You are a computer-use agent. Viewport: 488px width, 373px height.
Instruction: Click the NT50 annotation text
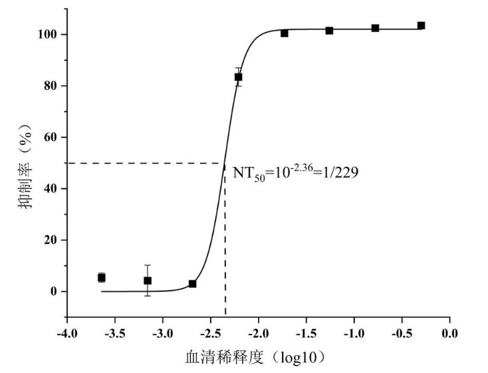[296, 174]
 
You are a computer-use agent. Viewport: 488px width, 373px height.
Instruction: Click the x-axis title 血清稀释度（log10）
[255, 357]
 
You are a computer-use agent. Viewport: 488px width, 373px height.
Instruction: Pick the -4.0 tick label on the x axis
[66, 332]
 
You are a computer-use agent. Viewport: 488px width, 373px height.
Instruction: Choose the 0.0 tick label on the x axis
[450, 332]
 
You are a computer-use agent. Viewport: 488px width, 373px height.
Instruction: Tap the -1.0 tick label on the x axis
[354, 332]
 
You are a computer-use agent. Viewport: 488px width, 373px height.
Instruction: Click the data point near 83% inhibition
[238, 77]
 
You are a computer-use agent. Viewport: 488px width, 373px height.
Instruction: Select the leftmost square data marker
[101, 277]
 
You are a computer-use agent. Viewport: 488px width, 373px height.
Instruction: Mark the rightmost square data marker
[421, 26]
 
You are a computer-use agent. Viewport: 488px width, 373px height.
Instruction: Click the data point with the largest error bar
[148, 281]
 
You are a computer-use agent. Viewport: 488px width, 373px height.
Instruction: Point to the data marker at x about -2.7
[192, 284]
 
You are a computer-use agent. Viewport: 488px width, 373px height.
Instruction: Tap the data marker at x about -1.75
[284, 33]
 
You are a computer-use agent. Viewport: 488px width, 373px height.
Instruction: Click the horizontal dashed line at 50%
[146, 163]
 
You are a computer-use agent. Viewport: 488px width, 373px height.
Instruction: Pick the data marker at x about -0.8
[375, 28]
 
